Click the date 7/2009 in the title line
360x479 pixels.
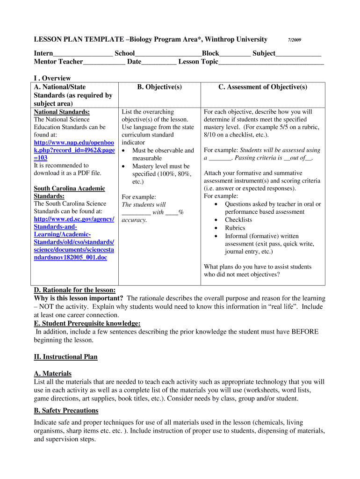click(295, 40)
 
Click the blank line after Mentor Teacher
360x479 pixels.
click(104, 62)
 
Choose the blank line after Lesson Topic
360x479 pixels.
click(271, 62)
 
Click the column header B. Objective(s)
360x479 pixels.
click(159, 87)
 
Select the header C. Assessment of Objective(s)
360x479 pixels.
click(262, 87)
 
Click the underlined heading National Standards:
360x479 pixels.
click(62, 112)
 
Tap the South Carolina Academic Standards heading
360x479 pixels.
click(69, 192)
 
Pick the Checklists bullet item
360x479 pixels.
click(238, 220)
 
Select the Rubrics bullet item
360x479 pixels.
click(235, 228)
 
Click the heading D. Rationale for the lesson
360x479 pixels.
click(75, 290)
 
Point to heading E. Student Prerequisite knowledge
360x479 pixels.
click(87, 324)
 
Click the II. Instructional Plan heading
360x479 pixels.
click(65, 357)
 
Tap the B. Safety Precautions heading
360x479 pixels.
click(66, 411)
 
